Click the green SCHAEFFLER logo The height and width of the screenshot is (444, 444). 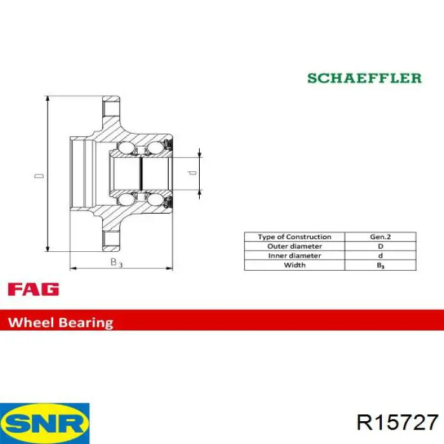coord(365,78)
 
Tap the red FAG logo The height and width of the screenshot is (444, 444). coord(34,289)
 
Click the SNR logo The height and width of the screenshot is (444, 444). coord(45,423)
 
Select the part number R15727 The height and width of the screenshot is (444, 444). coord(398,422)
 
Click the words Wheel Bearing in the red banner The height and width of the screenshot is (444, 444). coord(61,322)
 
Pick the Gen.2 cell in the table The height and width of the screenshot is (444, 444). coord(381,237)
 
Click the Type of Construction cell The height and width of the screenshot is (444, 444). coord(294,237)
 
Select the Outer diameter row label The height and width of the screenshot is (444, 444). coord(294,246)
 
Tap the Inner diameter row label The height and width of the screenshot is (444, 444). coord(294,256)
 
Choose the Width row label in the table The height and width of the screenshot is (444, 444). coord(294,265)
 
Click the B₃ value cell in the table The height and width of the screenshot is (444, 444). coord(381,265)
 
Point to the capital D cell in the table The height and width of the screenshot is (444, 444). coord(381,246)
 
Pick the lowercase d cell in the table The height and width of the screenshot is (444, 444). coord(381,256)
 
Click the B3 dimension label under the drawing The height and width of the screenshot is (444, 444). coord(116,263)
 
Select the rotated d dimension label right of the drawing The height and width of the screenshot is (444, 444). coord(193,173)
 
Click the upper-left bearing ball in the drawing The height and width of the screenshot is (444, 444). coord(126,148)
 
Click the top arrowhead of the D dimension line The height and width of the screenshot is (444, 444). coord(48,99)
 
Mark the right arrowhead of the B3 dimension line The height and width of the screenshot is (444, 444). coord(169,268)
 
